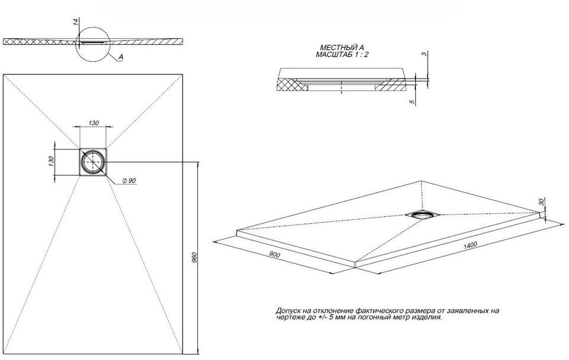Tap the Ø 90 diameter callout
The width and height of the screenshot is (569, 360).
pos(129,180)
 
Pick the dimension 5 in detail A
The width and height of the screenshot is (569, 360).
pos(412,102)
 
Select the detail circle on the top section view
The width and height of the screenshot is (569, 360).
pos(93,42)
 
